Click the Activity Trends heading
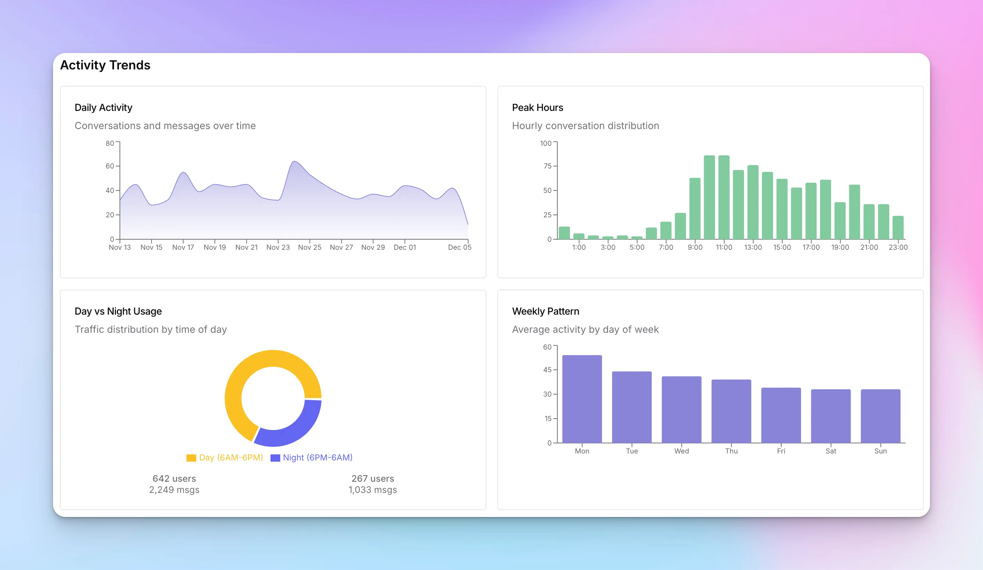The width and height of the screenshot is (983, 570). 105,65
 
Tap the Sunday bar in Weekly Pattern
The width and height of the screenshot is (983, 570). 880,416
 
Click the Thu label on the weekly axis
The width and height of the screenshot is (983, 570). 731,451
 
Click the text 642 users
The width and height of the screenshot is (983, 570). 174,478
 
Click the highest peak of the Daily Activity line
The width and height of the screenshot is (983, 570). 294,161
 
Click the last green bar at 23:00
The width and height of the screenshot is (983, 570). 898,227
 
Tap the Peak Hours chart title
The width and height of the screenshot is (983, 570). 537,107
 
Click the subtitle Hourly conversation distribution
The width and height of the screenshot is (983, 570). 585,126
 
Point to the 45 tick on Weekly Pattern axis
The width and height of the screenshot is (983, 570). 547,370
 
